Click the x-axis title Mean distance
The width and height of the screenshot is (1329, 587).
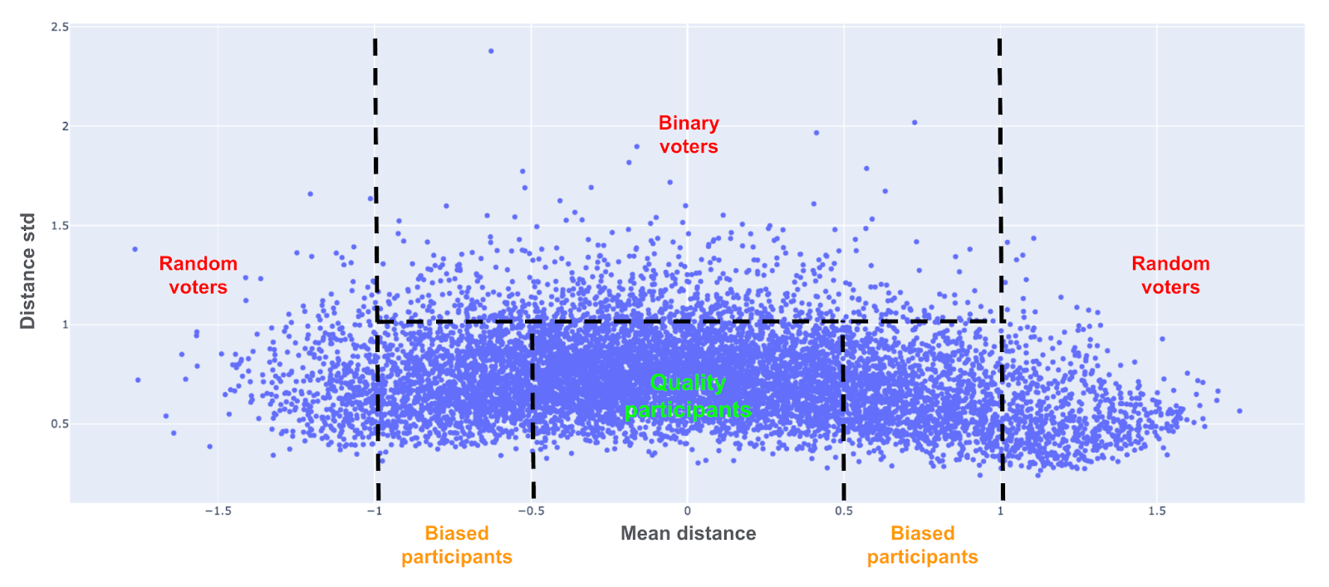coord(688,534)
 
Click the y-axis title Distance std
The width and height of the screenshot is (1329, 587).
coord(27,271)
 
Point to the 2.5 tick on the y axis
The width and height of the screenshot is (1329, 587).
coord(60,27)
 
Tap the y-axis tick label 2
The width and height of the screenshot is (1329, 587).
coord(65,126)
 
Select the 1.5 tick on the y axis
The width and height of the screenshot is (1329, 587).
coord(60,226)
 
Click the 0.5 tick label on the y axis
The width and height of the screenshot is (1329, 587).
coord(60,424)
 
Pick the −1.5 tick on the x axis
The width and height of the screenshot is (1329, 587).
coord(218,511)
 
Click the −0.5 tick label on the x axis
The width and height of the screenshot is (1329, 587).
coord(531,511)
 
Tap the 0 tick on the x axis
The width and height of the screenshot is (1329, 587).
coord(687,511)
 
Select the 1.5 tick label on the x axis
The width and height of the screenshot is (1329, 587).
coord(1156,511)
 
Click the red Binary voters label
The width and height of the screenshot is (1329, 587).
coord(689,135)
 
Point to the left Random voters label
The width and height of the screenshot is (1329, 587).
coord(198,275)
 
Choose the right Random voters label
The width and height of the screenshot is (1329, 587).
coord(1170,275)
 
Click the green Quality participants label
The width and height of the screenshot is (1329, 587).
coord(688,396)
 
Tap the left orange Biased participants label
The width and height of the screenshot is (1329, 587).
coord(457,545)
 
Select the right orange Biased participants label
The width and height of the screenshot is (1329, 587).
coord(922,545)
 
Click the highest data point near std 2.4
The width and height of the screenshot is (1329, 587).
coord(491,51)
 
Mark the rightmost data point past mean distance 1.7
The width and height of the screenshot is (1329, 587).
coord(1239,411)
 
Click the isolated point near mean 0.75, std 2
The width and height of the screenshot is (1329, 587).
coord(915,123)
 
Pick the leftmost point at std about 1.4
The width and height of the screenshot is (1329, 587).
coord(135,249)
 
